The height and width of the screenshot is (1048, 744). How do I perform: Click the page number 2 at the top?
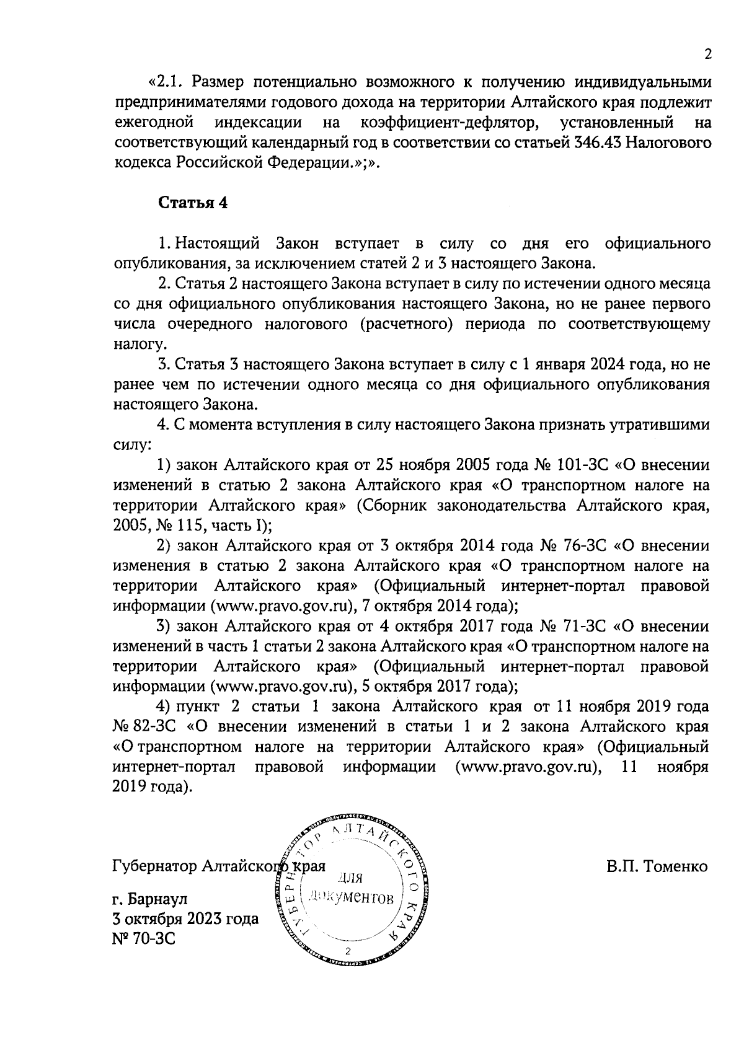coord(707,55)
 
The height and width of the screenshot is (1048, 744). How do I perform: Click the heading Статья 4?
coord(193,203)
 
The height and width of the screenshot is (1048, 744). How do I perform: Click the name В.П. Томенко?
coord(657,866)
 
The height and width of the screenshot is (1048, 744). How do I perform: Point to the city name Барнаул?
coord(160,899)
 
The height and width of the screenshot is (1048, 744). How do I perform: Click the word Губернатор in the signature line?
coord(155,866)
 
